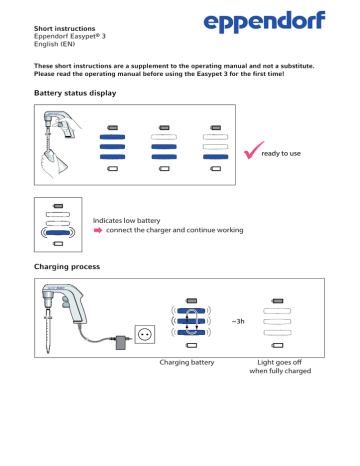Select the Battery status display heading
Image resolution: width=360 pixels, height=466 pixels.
click(x=75, y=92)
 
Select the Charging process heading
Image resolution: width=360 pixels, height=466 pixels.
click(x=68, y=268)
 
